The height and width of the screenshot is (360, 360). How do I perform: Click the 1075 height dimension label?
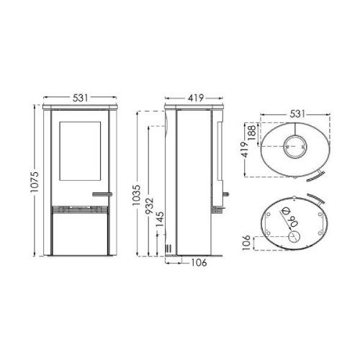pos(35,181)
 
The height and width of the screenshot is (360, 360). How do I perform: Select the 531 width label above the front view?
pos(81,98)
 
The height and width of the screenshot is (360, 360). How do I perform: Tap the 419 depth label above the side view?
pos(196,98)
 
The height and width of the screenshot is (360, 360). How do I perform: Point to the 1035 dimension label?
pos(137,195)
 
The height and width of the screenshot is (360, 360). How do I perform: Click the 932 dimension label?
pos(150,206)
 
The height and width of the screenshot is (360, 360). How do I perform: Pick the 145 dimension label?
pos(160,219)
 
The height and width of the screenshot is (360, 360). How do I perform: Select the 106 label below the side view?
pos(199,263)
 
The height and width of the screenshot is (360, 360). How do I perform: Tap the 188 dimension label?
pos(252,132)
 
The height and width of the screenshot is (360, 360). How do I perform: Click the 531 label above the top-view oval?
pos(297,114)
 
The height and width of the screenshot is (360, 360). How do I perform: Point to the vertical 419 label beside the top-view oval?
pos(245,150)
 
